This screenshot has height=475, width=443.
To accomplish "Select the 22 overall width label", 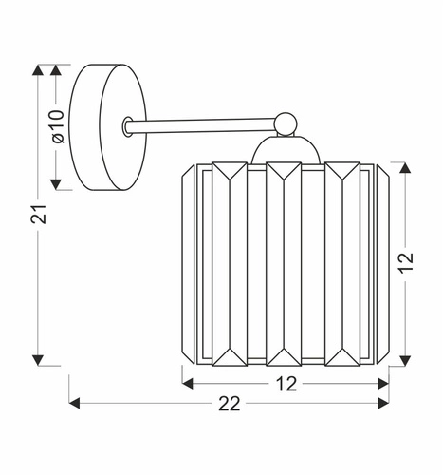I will point(228,404).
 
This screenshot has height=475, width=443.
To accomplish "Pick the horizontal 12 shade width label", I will point(286,384).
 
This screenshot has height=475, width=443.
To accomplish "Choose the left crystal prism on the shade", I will point(229,264).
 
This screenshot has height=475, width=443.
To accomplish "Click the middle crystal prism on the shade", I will point(283,264).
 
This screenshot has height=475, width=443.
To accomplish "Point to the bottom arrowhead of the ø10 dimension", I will point(58,182).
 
